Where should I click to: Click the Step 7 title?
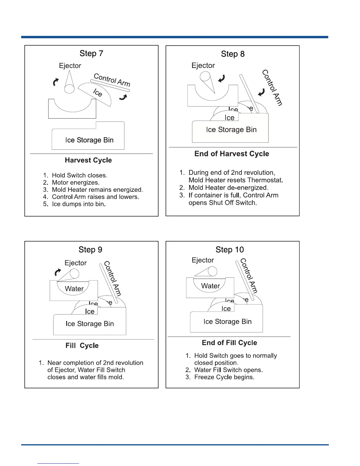coord(91,54)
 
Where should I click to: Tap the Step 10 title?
coord(229,250)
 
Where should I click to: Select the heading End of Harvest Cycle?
coord(231,154)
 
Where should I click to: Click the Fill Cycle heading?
coord(82,346)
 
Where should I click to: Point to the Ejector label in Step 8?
coord(203,65)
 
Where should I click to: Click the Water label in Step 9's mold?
coord(74,289)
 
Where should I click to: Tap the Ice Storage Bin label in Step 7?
coord(89,140)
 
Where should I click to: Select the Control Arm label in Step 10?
coord(249,276)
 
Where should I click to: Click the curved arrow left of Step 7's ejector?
coord(56,82)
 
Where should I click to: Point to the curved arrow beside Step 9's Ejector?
coord(58,273)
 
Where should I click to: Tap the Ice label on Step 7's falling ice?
coord(98,93)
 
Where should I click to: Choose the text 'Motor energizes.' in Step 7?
coord(76,182)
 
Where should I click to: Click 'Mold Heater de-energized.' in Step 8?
coord(228,188)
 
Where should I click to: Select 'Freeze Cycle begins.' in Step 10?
coord(224,377)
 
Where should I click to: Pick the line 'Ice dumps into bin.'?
coord(79,204)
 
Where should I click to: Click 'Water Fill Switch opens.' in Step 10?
coord(228,370)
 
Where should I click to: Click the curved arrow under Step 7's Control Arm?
coord(124,97)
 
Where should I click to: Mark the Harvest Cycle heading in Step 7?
coord(88,160)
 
